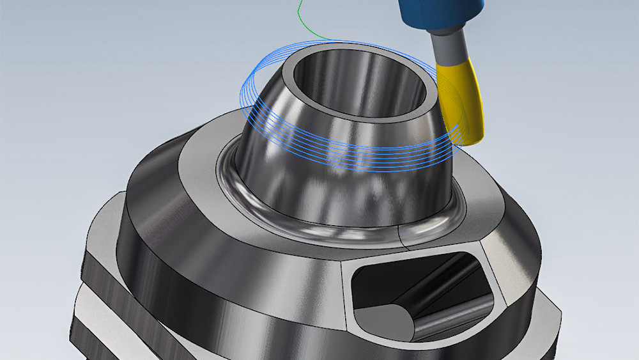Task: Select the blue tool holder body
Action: click(441, 16)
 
